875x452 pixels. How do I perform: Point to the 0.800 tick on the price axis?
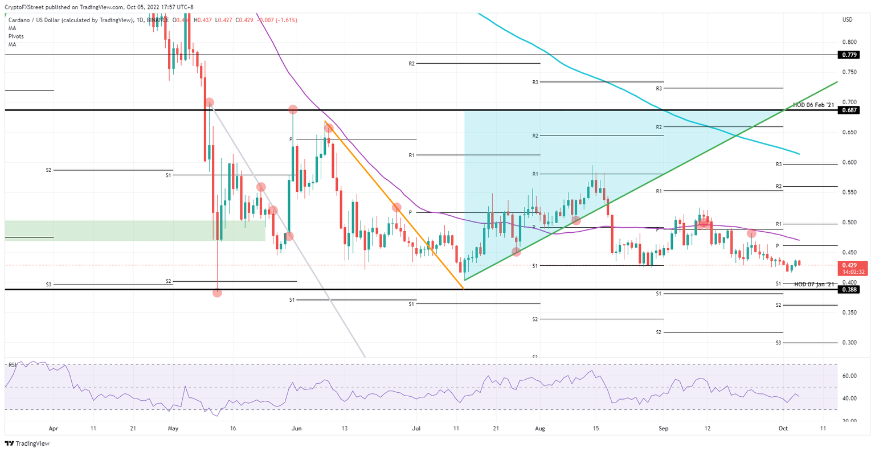[849, 42]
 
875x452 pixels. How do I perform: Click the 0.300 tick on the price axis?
[849, 343]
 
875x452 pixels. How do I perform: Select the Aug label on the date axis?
[541, 428]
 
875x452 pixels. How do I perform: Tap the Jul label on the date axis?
[416, 428]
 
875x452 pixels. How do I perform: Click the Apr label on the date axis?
[54, 428]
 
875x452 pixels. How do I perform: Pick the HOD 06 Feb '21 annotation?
[813, 105]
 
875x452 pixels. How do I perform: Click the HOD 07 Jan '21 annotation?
[813, 284]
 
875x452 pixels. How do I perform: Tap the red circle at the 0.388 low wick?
[217, 293]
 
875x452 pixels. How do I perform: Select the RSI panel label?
[11, 364]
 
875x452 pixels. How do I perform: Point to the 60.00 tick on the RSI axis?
[849, 376]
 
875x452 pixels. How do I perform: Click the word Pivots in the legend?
[16, 36]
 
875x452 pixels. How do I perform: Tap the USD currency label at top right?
[847, 20]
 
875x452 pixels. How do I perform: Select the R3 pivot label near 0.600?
[778, 164]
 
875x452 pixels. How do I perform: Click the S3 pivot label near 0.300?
[778, 343]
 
